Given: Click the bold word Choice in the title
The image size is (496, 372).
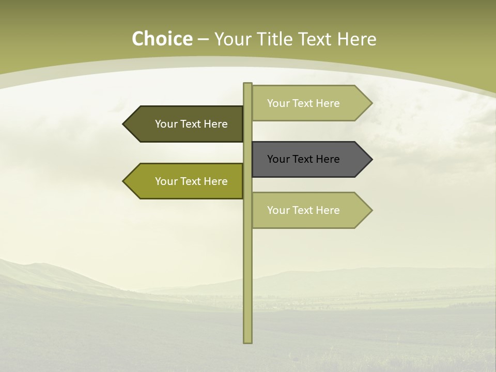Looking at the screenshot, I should coord(162,39).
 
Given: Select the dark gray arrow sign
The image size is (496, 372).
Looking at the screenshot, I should coord(310,159).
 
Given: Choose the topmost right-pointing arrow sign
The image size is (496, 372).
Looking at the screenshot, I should coord(310,103).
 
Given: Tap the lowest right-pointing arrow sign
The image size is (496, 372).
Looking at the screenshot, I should coord(310,210).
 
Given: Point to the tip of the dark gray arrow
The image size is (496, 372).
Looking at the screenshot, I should coord(371,159).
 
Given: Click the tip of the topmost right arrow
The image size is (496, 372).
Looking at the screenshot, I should coord(371,103).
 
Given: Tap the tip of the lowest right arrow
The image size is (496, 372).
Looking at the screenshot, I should coord(371,210).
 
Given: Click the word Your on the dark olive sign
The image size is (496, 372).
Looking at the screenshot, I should coord(166,124).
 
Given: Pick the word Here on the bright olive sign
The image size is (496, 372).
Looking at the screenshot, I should coord(216,181).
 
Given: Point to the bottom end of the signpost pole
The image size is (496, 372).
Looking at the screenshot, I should coord(247,342).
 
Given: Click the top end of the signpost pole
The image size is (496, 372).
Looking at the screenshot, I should coord(247,84).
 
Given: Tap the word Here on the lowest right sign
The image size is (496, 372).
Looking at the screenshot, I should coord(328,210).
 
